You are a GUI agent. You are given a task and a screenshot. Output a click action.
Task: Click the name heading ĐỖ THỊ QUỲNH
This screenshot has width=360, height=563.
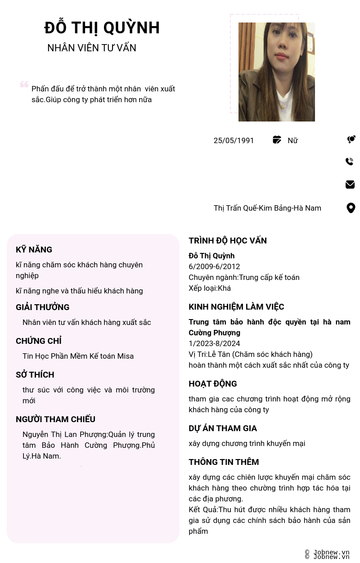coord(102,28)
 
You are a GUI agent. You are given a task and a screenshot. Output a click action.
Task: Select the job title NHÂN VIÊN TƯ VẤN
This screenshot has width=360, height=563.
coord(92,48)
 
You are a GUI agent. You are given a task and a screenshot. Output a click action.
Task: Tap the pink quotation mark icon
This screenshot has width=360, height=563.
coord(24,84)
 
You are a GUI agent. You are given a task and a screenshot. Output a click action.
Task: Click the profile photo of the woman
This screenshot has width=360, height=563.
coord(276,72)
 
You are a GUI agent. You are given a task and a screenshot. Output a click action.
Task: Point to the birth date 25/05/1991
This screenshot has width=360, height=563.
coord(234,140)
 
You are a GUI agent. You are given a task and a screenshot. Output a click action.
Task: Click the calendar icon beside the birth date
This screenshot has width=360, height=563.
coord(277,140)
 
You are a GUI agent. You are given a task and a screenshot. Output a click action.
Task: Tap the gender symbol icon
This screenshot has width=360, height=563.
coord(351,140)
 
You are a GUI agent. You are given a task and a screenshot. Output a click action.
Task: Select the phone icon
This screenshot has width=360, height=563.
coord(350,162)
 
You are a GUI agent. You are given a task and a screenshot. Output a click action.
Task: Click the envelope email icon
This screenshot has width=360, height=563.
coord(350,185)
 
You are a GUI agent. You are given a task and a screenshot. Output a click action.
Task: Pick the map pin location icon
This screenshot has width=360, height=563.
coord(351,208)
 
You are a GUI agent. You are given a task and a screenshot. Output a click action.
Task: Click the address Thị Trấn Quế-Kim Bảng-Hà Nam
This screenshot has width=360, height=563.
coord(267,208)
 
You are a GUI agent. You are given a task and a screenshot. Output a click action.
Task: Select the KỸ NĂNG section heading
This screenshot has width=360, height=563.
coord(34,250)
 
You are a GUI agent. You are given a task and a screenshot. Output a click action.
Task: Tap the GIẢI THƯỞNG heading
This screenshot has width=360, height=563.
coord(43,307)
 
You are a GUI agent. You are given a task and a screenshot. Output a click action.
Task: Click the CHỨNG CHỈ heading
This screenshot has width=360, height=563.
coord(39,341)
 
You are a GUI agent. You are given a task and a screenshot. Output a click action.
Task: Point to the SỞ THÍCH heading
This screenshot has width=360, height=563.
coord(35,375)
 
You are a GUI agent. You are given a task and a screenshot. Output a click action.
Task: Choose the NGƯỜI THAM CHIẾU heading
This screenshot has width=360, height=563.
coord(55,419)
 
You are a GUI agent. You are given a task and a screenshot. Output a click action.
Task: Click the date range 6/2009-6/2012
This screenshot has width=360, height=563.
coord(214,266)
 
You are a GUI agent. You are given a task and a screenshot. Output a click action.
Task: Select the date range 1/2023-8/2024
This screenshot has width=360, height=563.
coord(214,343)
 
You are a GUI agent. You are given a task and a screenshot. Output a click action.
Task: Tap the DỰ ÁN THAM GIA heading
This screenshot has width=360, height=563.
coord(223,428)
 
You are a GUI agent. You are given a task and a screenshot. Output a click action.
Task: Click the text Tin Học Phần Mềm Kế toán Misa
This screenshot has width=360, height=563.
coord(78,356)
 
